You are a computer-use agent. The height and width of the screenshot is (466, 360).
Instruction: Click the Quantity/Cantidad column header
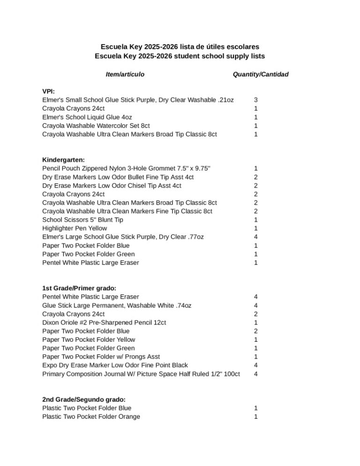(261, 74)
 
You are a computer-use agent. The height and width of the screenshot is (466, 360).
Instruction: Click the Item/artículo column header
(125, 74)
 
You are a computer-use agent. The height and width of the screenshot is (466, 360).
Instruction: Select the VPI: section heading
(48, 91)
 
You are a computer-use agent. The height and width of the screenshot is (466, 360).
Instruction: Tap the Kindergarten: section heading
(63, 160)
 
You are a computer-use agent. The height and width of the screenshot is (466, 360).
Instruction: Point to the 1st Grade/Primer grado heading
(79, 288)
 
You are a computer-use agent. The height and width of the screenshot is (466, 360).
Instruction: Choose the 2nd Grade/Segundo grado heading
(84, 399)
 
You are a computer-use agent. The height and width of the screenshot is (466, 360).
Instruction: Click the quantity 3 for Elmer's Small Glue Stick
(255, 100)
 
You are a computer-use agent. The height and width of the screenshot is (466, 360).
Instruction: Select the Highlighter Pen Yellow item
(75, 228)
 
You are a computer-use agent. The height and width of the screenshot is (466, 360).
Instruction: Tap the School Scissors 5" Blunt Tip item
(83, 220)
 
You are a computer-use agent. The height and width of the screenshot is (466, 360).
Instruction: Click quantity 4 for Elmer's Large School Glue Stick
(255, 237)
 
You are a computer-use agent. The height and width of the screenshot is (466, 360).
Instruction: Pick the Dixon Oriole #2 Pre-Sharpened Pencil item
(104, 323)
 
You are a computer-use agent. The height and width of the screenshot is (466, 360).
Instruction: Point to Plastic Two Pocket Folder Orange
(91, 416)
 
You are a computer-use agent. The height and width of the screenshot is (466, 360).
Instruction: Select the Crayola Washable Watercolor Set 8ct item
(96, 126)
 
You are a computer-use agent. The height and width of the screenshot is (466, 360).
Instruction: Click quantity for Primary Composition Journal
(255, 374)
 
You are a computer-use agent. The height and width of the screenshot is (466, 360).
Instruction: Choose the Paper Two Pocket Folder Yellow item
(89, 339)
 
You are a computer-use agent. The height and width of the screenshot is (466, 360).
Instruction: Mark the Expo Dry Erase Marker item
(115, 365)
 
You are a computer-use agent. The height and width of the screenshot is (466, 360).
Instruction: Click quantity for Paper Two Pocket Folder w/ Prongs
(255, 357)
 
